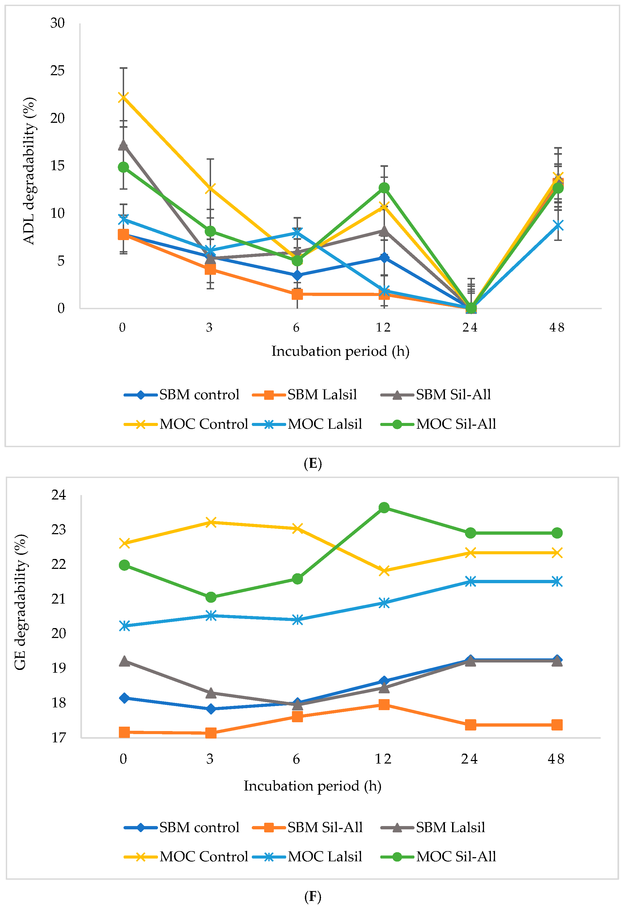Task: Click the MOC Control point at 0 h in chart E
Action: [123, 97]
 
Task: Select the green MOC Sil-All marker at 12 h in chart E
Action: [384, 188]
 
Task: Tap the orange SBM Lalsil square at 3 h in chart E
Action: [210, 269]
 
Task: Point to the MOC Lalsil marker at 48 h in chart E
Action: [557, 225]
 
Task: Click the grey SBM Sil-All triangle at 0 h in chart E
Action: [123, 145]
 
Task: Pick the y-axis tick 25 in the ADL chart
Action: [57, 71]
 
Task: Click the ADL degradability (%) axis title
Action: [29, 171]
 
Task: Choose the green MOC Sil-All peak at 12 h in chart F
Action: [384, 508]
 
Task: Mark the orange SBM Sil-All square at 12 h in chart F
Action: [384, 705]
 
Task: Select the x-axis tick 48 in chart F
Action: [556, 759]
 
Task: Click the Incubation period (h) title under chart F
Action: [313, 786]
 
